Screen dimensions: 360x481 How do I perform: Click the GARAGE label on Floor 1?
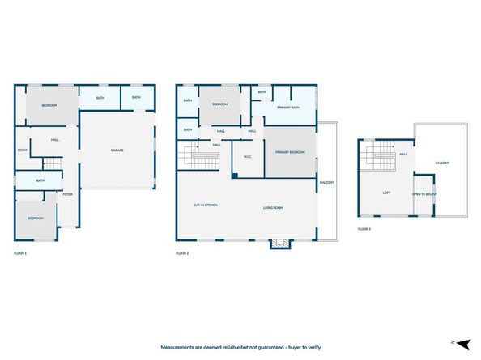[x=117, y=150]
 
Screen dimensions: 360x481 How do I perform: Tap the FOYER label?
[x=68, y=194]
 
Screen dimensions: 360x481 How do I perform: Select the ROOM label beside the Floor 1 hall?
[x=23, y=150]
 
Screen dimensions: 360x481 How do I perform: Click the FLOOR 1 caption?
[x=21, y=254]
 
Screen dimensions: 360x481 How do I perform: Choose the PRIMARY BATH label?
[x=289, y=108]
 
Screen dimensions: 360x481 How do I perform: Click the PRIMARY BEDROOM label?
[x=290, y=152]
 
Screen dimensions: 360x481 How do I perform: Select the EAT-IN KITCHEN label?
[x=205, y=205]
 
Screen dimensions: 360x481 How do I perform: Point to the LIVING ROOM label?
[x=272, y=207]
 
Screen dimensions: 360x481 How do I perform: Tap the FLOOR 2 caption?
[x=182, y=254]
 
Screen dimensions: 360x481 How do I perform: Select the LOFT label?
[x=386, y=193]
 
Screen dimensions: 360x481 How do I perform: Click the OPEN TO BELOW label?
[x=424, y=194]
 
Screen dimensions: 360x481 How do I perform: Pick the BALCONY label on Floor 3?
[x=442, y=163]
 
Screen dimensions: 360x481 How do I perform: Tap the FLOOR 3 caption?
[x=364, y=230]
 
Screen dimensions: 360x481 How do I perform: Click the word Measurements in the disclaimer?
[x=181, y=346]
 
